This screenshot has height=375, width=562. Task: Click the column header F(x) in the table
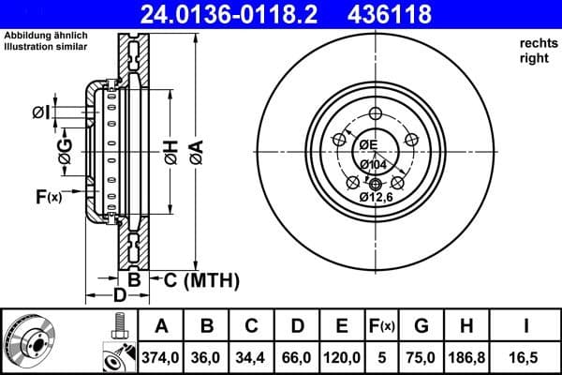[x=383, y=326]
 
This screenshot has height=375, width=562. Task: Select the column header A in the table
[x=161, y=326]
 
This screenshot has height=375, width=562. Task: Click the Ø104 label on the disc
[x=373, y=164]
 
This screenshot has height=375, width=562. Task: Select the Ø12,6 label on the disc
[x=377, y=197]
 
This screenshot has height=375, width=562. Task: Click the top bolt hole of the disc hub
[x=376, y=114]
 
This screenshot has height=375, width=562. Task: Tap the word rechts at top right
[x=538, y=44]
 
